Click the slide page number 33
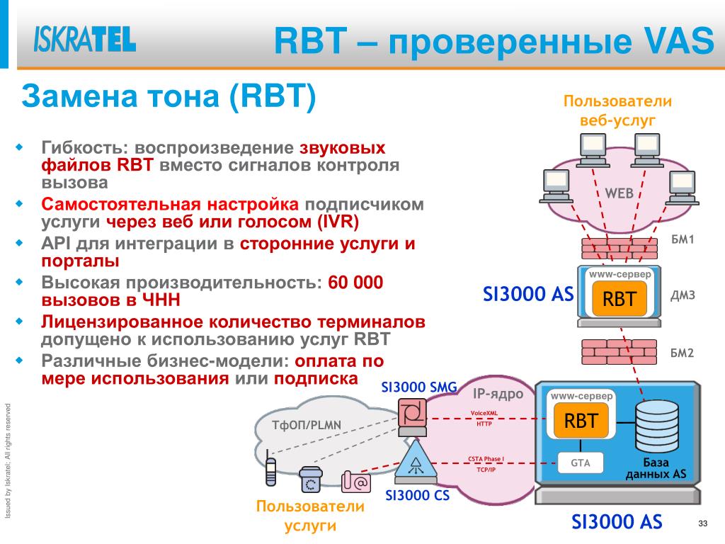(x=703, y=523)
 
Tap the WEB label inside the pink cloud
(x=619, y=193)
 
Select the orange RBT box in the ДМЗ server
(x=620, y=299)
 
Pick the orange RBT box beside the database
(x=581, y=421)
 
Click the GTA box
(x=581, y=463)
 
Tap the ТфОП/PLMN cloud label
(x=307, y=425)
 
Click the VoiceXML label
(x=484, y=413)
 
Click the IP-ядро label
(x=498, y=394)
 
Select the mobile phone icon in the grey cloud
(x=270, y=472)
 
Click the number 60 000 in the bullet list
(x=355, y=283)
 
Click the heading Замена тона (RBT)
(x=169, y=97)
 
